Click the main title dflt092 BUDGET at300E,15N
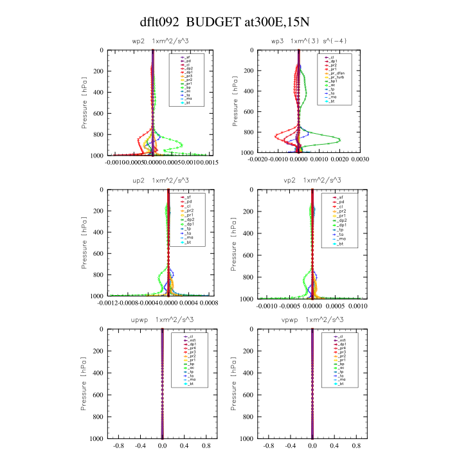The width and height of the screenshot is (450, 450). (x=225, y=22)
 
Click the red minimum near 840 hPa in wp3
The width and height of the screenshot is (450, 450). (x=274, y=136)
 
